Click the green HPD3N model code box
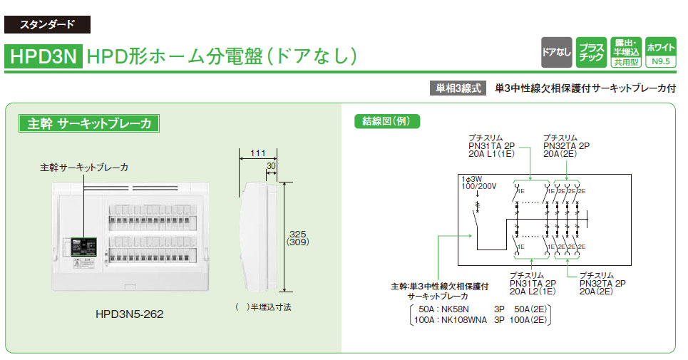coord(44,57)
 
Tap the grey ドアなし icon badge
coord(556,52)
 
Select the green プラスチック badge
coord(591,52)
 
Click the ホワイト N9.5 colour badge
coord(660,52)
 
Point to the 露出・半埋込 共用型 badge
coord(626,52)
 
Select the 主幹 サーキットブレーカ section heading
coord(89,123)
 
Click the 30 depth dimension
coord(271,166)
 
